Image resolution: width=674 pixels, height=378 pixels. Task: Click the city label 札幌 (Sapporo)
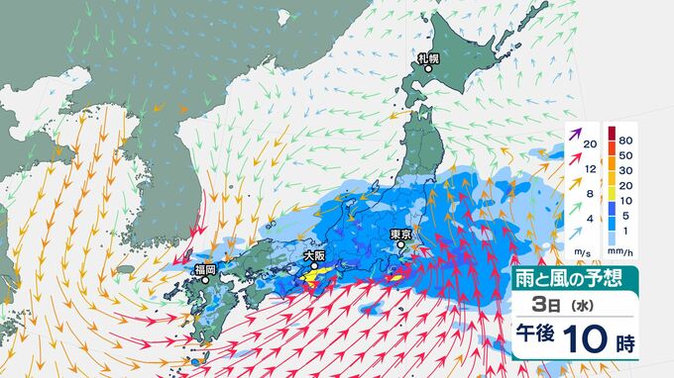coord(428,59)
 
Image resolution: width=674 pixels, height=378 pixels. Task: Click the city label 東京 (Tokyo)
coord(400,235)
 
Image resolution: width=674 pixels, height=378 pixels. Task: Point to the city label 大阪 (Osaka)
coord(313,255)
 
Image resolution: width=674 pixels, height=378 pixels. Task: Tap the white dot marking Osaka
coord(313,266)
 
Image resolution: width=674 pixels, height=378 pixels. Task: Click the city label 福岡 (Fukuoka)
coord(206,267)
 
